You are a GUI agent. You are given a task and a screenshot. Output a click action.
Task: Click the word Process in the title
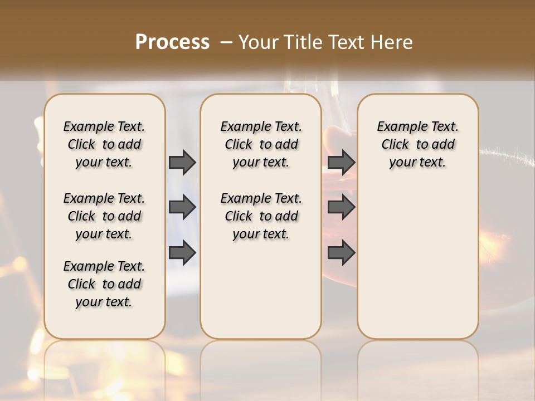[172, 42]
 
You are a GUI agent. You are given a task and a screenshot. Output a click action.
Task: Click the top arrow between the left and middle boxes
[182, 162]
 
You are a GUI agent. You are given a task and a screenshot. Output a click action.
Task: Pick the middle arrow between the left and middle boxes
[182, 207]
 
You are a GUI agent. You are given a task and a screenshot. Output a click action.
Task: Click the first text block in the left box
[104, 144]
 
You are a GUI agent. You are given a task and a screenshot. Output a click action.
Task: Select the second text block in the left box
[104, 216]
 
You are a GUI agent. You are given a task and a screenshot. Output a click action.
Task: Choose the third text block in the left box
[104, 284]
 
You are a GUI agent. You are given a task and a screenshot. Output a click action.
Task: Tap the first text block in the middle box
[261, 144]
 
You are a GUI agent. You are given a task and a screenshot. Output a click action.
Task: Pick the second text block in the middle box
[261, 216]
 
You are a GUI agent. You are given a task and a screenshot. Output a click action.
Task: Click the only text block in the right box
[418, 144]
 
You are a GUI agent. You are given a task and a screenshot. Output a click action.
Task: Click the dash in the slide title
[226, 42]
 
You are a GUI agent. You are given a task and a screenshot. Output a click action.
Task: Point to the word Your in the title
[257, 42]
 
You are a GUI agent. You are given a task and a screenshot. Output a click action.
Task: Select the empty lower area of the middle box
[261, 290]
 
